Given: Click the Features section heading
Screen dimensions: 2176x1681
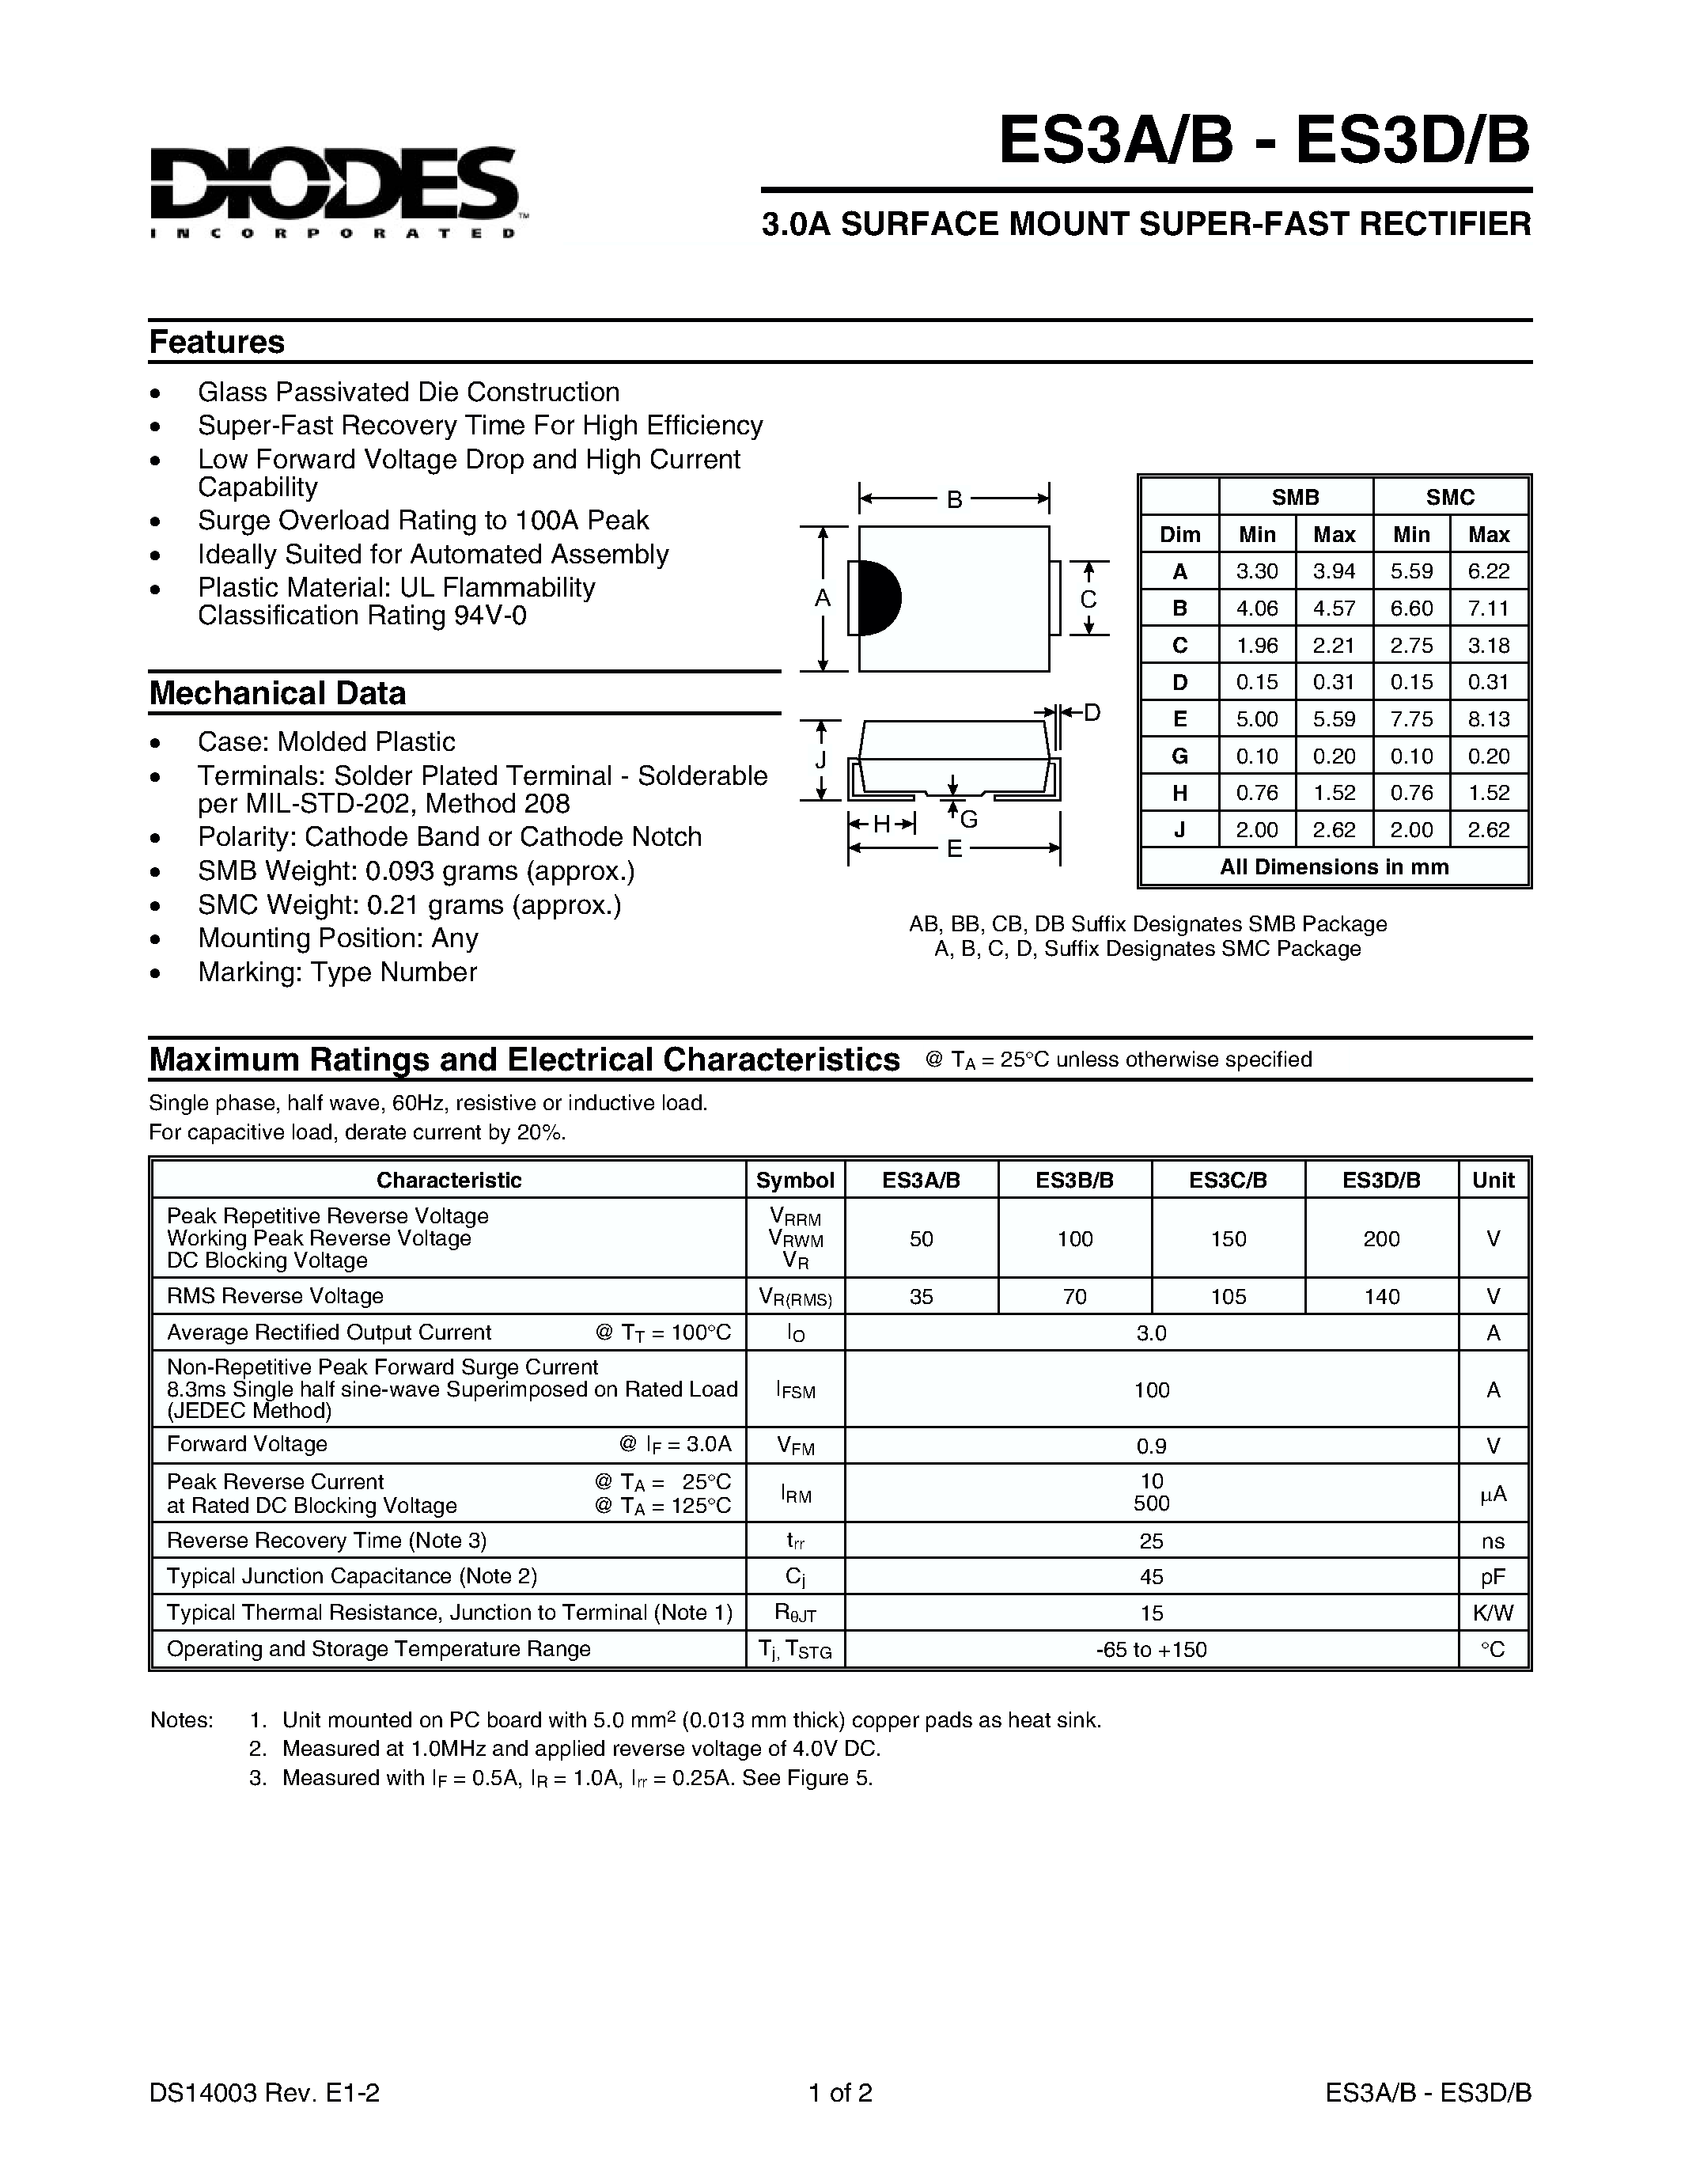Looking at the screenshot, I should [217, 342].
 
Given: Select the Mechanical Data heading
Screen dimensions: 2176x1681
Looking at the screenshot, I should [277, 693].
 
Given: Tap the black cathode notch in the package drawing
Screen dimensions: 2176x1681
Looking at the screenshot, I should [878, 597].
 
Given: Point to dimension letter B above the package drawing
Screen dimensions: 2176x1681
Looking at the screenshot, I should [954, 499].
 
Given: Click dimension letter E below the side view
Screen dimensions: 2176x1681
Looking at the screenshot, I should [954, 849].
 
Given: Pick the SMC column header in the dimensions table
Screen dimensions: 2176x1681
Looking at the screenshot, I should [1449, 497].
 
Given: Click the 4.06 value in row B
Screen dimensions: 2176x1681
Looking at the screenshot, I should [1257, 608].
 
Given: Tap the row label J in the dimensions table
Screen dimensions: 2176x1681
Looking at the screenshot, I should [1179, 830].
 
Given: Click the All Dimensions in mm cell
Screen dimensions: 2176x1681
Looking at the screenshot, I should [1334, 866].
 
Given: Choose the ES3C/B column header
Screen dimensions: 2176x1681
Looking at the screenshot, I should [1228, 1180].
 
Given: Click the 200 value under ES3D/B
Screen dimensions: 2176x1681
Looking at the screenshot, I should [1381, 1238].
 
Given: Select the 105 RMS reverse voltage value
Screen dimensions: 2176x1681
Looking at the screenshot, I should [1228, 1296].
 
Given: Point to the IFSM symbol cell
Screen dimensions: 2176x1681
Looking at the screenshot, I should [795, 1390].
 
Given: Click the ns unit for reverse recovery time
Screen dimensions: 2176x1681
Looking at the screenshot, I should [1492, 1541].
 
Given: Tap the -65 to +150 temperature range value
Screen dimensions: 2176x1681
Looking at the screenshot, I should [1151, 1650].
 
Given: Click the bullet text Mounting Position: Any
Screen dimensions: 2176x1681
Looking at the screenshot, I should [338, 938].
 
